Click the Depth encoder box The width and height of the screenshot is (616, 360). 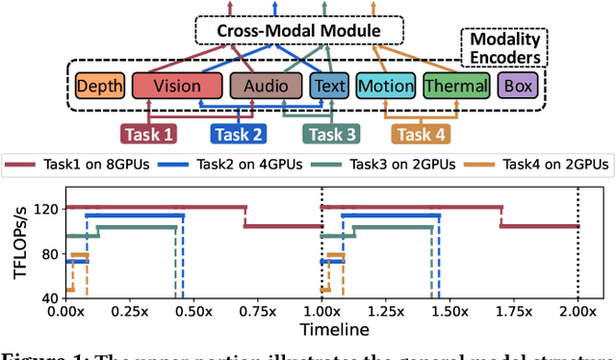click(99, 86)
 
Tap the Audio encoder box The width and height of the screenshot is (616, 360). click(265, 86)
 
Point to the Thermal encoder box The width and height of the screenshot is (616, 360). click(455, 86)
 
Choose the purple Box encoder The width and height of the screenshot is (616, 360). click(517, 86)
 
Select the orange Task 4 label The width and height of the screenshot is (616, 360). click(424, 135)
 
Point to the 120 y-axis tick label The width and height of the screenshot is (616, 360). click(44, 209)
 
